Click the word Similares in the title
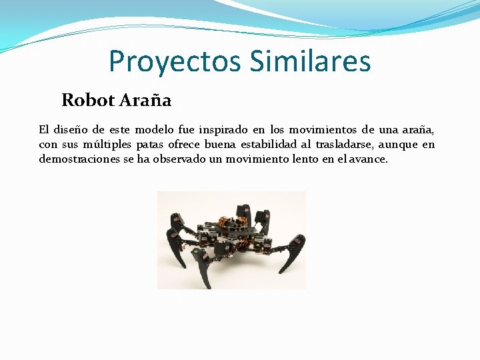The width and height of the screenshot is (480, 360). (310, 61)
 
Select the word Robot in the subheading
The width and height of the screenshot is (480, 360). (88, 101)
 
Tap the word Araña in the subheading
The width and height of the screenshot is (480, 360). (145, 101)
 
